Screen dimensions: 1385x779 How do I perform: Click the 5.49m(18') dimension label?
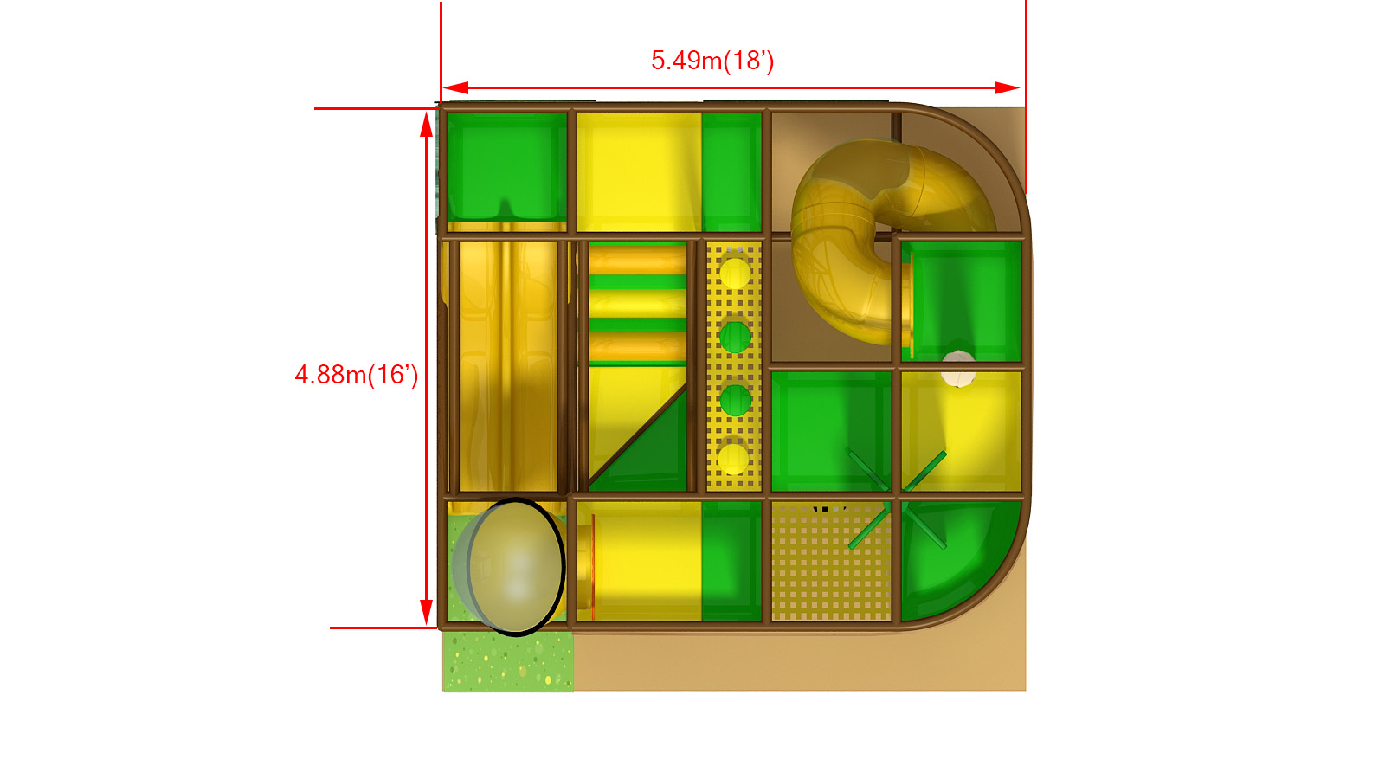tap(712, 61)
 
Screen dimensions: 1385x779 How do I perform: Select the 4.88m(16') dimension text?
tap(356, 375)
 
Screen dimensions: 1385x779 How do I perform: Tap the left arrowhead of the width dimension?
tap(455, 87)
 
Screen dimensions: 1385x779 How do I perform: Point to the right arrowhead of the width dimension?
tap(1008, 87)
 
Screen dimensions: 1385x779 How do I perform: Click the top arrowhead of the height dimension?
tap(426, 125)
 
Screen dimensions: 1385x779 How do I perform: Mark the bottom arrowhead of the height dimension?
tap(426, 611)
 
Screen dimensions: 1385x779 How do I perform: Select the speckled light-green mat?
tap(507, 660)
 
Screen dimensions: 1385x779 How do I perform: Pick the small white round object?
tap(958, 369)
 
